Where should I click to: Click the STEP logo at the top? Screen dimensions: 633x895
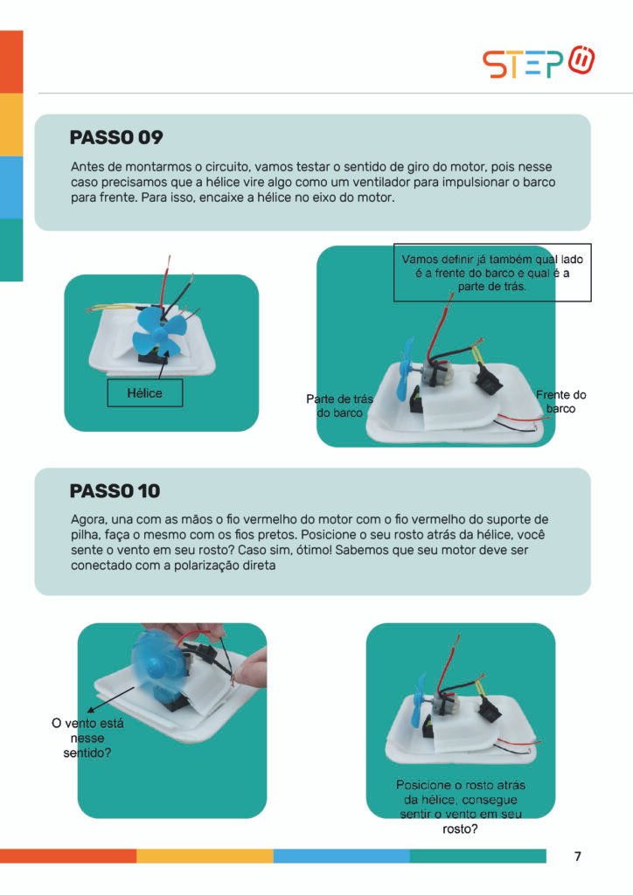pos(539,62)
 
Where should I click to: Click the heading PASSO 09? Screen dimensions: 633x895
pos(116,137)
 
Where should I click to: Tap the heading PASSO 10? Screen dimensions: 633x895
pos(115,491)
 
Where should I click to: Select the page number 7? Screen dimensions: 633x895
pos(578,857)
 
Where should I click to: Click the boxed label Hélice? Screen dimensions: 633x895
pos(145,392)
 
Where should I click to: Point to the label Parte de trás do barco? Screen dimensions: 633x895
pos(339,406)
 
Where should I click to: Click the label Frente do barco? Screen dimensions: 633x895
pos(560,401)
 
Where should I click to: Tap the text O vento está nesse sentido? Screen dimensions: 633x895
pos(87,738)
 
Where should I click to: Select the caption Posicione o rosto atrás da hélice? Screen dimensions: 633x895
pos(460,807)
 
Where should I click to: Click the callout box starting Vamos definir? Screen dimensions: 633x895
pos(492,273)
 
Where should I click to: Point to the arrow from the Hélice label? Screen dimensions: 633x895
pos(162,364)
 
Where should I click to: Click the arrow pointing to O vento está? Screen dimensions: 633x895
pos(111,699)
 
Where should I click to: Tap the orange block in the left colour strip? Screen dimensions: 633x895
pos(11,62)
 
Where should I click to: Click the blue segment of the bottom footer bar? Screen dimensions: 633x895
pos(341,856)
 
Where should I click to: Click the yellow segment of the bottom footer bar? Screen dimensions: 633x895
pos(205,856)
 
